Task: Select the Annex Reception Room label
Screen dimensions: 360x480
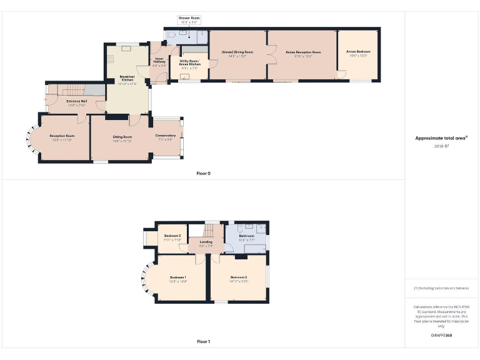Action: point(303,52)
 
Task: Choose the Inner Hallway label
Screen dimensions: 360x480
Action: point(159,61)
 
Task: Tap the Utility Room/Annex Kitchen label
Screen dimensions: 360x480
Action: point(189,62)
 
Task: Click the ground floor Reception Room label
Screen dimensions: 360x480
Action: point(62,137)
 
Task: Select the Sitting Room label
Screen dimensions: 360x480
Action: point(122,137)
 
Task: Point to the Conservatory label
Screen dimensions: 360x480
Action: point(166,137)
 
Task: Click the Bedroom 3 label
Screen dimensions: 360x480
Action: point(172,237)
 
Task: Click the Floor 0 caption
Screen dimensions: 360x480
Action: point(203,173)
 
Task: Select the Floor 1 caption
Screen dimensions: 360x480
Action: point(203,341)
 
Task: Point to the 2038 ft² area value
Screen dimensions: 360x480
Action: point(441,146)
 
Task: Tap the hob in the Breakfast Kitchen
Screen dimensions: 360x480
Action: point(111,59)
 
